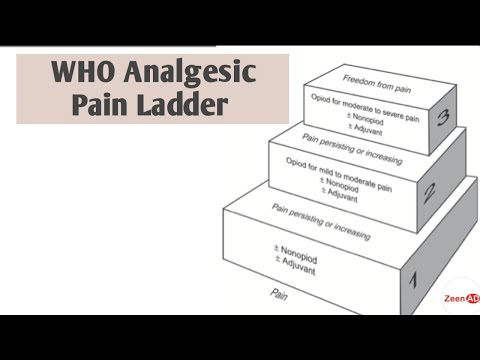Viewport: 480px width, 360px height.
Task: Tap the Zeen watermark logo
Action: (461, 298)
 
